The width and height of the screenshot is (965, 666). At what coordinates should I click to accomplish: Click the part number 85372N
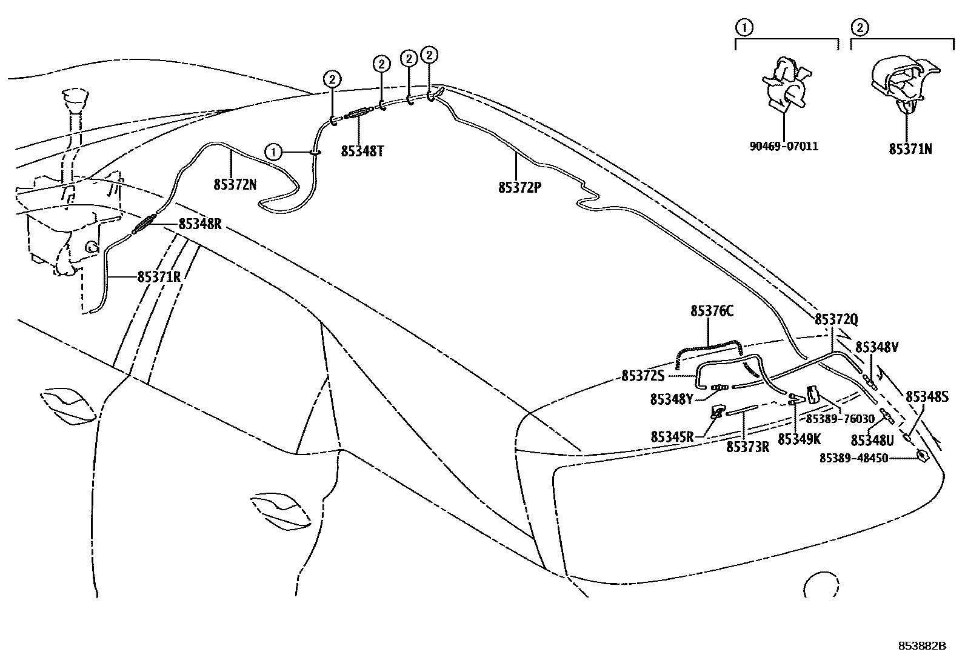pos(235,184)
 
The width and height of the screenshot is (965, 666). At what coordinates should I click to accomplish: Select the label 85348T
pos(362,151)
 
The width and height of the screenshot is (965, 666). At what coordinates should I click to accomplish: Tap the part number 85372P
pos(519,188)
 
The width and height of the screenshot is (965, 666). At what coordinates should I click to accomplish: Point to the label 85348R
pos(200,224)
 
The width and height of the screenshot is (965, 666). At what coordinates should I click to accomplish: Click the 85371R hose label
pos(159,277)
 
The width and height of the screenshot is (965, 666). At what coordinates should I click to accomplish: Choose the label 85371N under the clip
pos(910,149)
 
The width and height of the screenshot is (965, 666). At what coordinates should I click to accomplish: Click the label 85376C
pos(712,311)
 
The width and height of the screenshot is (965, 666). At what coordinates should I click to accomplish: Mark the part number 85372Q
pos(836,320)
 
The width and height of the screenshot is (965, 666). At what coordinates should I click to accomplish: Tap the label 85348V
pos(877,347)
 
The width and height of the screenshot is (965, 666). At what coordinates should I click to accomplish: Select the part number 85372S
pos(643,376)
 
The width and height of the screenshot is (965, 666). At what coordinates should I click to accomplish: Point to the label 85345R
pos(672,436)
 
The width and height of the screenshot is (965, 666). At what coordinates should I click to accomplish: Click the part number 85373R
pos(747,447)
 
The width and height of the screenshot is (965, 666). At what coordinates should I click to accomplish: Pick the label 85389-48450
pos(853,459)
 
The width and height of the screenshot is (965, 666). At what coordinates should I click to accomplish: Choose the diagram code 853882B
pos(922,647)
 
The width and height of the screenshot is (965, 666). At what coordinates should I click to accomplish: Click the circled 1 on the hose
pos(274,152)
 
